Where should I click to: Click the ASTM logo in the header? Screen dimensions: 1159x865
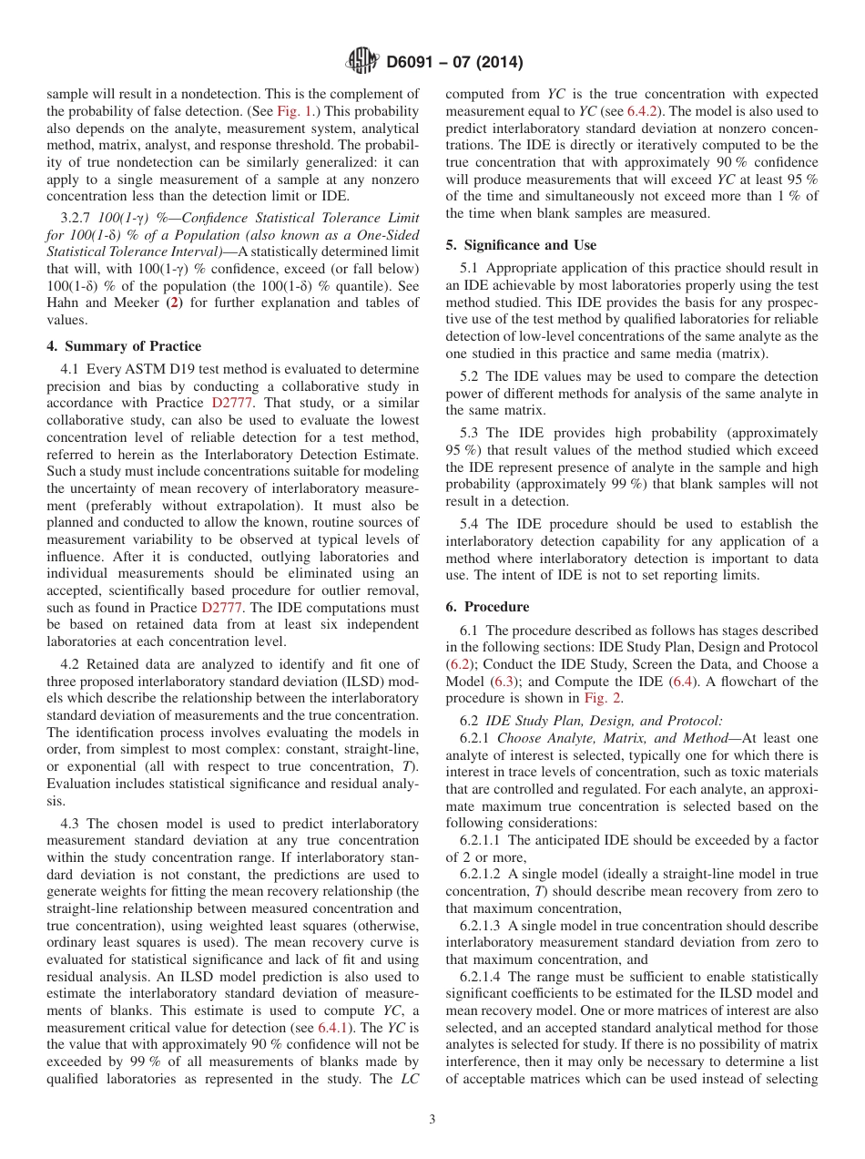tap(363, 62)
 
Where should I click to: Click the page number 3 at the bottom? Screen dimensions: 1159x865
tap(432, 1119)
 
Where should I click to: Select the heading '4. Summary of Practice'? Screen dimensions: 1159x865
tap(124, 346)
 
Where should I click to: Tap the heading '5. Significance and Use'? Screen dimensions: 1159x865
tap(521, 245)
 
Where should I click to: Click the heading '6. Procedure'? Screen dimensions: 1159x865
tap(487, 607)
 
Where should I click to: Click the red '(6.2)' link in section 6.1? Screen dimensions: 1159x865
tap(459, 664)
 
